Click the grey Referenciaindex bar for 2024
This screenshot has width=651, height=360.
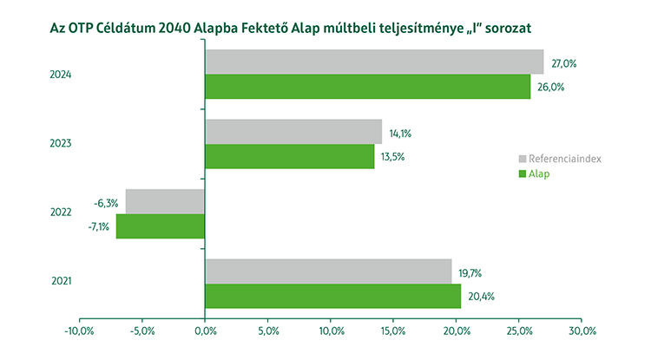374,62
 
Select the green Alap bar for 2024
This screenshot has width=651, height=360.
367,87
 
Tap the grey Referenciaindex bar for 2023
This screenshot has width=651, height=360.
293,132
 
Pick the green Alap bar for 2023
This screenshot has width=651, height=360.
290,156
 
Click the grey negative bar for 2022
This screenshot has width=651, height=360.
165,201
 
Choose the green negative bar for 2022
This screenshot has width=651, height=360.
161,226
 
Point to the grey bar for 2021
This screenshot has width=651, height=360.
328,271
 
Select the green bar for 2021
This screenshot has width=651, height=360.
332,296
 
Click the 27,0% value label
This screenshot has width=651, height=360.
564,63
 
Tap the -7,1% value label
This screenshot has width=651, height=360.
98,226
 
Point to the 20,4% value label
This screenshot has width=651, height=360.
482,297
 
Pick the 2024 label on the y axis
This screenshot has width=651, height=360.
60,75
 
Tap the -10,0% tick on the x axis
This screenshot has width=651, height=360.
79,331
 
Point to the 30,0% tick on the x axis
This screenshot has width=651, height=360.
582,331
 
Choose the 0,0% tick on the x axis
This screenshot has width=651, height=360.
205,331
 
